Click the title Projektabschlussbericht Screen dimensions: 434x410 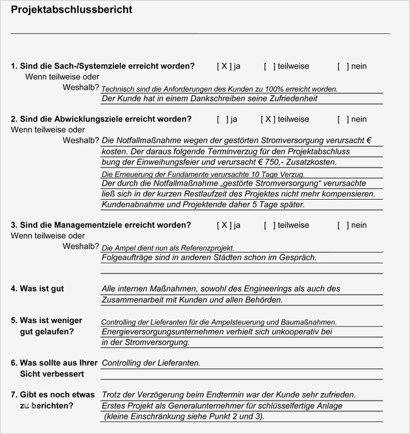72,9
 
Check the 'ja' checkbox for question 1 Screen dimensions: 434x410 225,66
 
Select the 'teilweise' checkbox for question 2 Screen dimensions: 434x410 269,119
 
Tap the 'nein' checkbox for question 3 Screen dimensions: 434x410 343,225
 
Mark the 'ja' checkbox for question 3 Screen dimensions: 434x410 225,225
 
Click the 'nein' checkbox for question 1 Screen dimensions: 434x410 343,66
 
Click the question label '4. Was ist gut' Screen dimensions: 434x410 37,288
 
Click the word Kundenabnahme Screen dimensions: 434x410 132,205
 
